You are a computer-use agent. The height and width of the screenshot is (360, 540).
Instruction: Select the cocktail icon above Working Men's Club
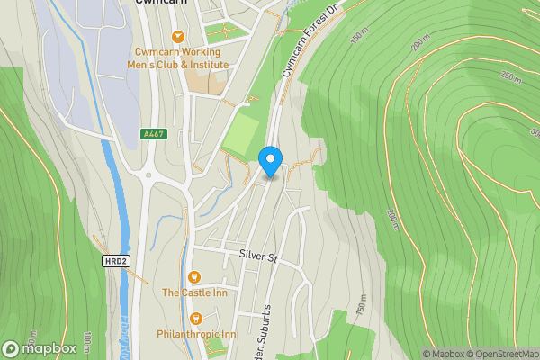coord(177,36)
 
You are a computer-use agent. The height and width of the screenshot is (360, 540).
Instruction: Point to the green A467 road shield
coord(154,134)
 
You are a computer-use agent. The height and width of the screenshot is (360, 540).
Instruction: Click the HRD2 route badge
coord(113,260)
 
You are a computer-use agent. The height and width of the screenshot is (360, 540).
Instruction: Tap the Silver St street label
coord(260,256)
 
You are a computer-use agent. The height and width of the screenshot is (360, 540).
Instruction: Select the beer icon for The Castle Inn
coord(193,277)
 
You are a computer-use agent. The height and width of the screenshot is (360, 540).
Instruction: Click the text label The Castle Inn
coord(193,292)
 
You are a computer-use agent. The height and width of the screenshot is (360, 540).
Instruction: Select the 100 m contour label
coord(87,341)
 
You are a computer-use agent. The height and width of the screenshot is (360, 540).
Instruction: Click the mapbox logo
coord(40,348)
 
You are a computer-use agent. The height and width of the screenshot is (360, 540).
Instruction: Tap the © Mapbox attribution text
coord(445,354)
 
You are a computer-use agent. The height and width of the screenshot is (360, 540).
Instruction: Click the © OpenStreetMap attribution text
coord(505,354)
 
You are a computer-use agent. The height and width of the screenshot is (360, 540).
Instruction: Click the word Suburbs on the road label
coord(267,338)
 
